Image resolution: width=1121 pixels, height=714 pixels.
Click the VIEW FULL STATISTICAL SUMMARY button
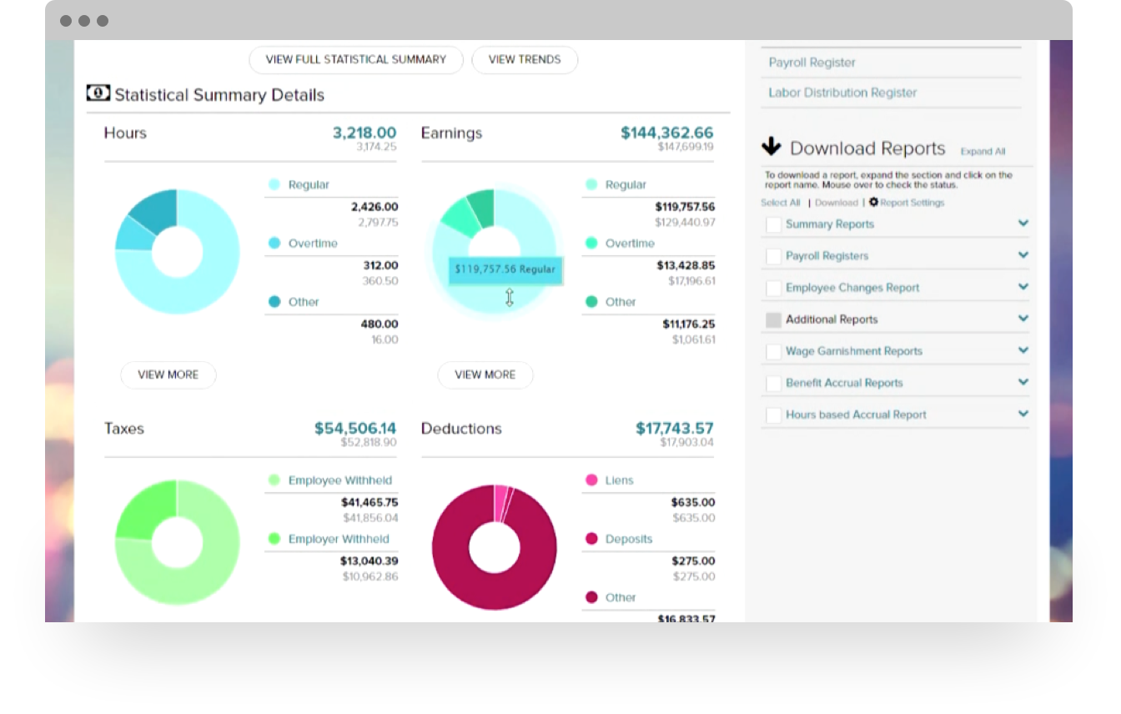355,60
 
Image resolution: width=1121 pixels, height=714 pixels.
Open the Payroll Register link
812,63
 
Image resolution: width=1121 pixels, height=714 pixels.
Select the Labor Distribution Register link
842,93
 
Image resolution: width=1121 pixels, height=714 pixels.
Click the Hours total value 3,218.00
364,133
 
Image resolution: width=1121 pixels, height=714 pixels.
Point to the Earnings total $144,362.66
666,133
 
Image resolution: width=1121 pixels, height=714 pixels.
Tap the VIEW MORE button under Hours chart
168,375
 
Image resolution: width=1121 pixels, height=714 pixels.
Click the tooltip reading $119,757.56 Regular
505,269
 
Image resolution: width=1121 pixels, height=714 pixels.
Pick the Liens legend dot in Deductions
591,480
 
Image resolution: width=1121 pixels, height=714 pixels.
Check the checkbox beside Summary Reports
773,224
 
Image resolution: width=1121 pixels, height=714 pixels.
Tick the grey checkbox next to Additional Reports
773,319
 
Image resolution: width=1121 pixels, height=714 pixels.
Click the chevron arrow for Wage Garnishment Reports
1023,350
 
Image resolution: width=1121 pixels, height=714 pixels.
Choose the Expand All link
983,152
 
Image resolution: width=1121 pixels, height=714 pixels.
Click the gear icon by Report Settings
873,202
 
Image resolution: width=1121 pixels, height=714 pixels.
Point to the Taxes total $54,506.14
354,428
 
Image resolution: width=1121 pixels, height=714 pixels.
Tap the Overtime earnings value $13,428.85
686,265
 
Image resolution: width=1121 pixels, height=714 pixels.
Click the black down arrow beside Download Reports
772,148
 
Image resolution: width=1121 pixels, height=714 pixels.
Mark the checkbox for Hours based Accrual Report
773,415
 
